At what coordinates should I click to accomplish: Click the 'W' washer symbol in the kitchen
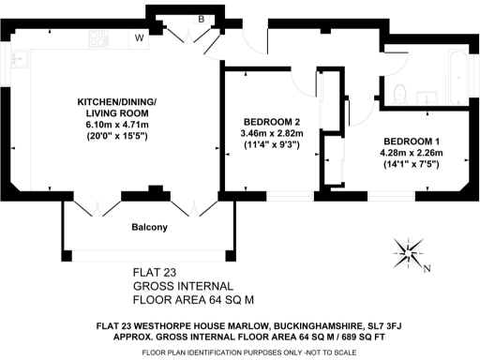(139, 38)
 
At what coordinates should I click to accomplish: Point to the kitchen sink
(18, 60)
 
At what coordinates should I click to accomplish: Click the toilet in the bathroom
(399, 91)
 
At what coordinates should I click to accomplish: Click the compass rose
(410, 250)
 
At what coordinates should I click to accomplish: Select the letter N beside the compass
(427, 269)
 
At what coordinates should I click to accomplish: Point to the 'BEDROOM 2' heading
(271, 122)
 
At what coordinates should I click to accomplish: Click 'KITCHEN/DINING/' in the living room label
(117, 100)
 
